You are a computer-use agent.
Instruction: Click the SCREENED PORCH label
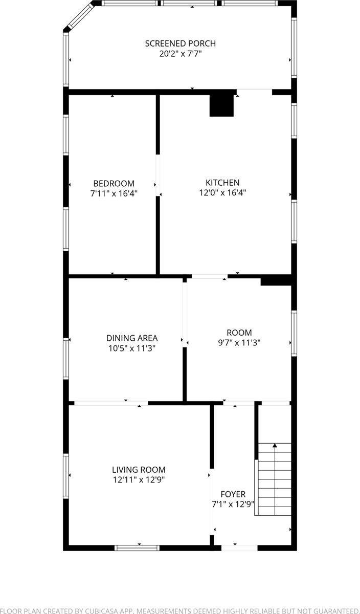180,43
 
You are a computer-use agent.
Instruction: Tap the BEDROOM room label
114,183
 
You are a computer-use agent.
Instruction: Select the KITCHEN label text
222,183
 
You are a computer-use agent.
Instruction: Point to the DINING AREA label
132,338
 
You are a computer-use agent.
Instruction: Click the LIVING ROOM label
139,470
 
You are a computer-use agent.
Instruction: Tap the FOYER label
233,494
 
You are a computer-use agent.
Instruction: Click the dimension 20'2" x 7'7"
180,53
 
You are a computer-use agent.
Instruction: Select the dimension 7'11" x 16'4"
114,193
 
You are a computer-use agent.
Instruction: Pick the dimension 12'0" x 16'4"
222,193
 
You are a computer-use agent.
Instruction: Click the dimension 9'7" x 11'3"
239,343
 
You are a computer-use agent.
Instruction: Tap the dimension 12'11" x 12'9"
139,480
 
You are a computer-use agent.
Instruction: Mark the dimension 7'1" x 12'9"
233,505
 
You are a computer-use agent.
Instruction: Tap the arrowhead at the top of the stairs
275,446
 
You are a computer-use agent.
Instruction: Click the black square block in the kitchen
221,105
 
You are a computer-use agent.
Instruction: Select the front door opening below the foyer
239,548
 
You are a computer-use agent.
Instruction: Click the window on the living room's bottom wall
137,548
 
